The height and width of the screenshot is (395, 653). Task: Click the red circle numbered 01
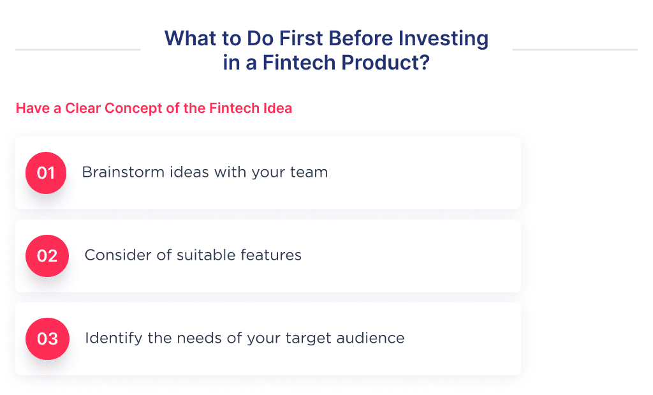[x=46, y=173]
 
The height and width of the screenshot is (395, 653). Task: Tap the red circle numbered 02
[x=46, y=256]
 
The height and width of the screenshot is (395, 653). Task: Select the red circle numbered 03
[x=46, y=338]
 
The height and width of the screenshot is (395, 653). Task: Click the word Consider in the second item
[x=113, y=255]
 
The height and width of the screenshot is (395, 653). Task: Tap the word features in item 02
[x=272, y=255]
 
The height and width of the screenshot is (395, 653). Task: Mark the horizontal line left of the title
[x=77, y=49]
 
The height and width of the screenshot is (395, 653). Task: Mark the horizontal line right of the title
[x=575, y=49]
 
